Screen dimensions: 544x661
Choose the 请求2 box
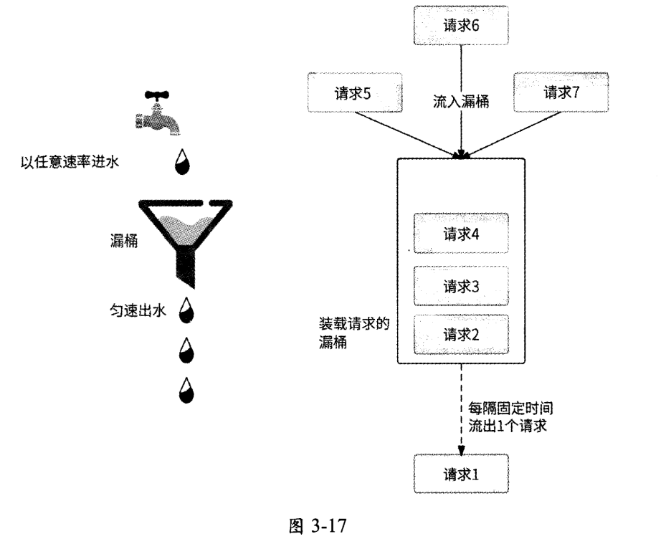[461, 333]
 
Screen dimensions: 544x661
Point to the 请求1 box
[461, 474]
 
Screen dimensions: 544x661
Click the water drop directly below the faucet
[185, 162]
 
